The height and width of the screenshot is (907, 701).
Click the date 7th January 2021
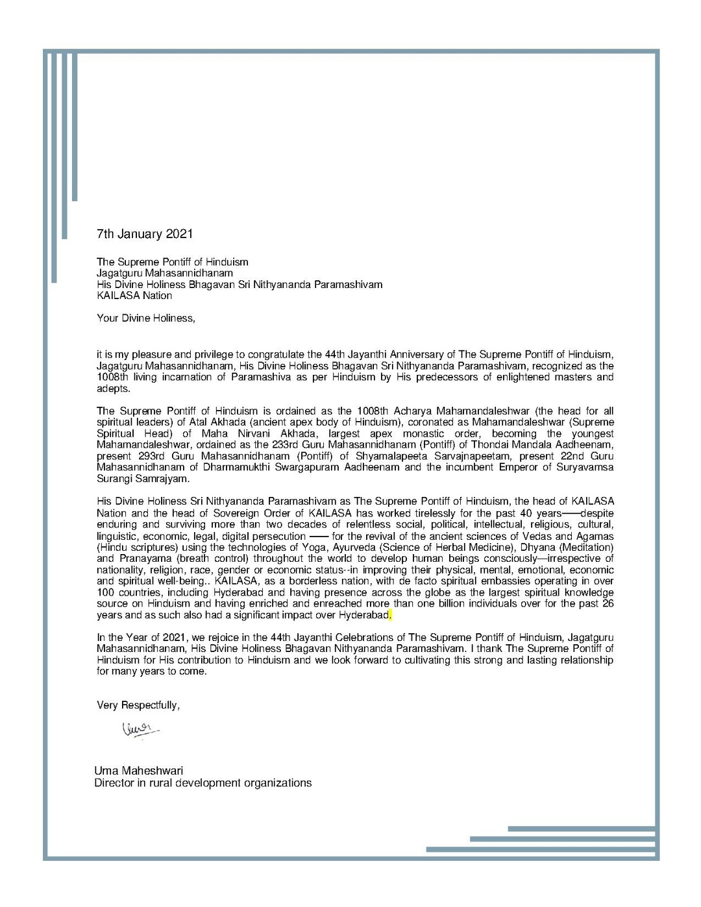coord(145,234)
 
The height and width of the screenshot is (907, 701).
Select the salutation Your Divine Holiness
coord(145,318)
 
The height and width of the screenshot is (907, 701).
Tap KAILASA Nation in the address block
coord(134,296)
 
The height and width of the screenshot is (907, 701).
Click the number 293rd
coord(151,456)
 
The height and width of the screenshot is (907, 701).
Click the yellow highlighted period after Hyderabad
coord(390,615)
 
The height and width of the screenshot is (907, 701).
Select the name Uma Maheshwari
coord(138,771)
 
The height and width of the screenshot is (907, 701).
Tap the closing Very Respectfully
coord(138,705)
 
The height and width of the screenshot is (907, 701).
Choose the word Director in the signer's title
coord(114,783)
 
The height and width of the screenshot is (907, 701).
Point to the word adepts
coord(114,389)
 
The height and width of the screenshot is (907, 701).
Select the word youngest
coord(592,433)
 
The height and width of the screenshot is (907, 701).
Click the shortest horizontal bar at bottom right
coord(582,828)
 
